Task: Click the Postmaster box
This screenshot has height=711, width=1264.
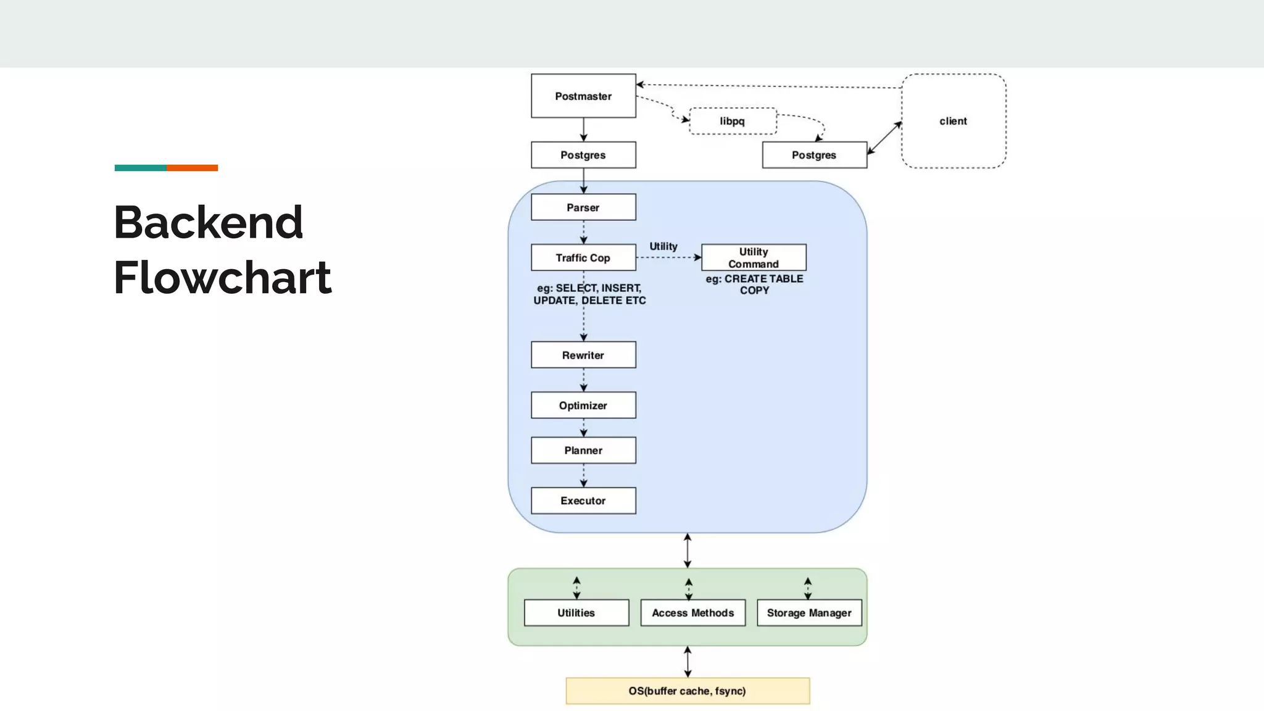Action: [583, 96]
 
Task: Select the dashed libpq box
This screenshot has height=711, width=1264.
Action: [733, 121]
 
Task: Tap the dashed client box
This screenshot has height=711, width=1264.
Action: [954, 121]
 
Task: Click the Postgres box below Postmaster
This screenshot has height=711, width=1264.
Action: [583, 155]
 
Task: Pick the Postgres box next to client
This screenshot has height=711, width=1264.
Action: [814, 155]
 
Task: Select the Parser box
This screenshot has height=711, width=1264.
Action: [583, 207]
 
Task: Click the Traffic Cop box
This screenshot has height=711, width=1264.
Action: [583, 257]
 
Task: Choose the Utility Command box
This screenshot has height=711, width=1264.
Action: [754, 257]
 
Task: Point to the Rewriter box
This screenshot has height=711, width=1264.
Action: [583, 355]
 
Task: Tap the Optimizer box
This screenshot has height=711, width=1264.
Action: [583, 405]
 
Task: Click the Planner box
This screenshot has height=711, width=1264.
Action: [583, 451]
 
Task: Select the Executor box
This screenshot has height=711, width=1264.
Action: [583, 501]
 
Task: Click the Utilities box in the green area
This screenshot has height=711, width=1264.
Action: [576, 613]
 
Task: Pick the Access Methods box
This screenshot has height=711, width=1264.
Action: [692, 613]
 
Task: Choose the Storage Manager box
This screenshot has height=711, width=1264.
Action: [809, 613]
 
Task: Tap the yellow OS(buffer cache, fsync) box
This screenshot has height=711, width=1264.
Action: [688, 691]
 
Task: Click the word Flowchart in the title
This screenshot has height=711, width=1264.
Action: [222, 278]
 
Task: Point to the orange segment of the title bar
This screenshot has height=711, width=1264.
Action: [192, 168]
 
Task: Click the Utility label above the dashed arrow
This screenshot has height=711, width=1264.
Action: [663, 246]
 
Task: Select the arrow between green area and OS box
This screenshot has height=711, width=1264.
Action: [688, 662]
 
